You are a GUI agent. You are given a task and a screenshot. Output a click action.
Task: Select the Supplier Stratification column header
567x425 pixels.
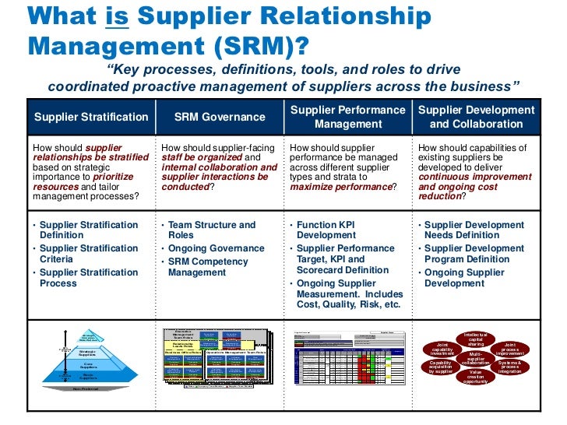coord(91,118)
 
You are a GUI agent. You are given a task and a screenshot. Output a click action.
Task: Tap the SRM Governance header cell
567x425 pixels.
coord(220,118)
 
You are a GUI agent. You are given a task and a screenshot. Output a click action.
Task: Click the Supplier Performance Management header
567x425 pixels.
coord(348,118)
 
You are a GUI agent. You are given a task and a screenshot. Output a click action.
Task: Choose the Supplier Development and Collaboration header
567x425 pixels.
coord(476,118)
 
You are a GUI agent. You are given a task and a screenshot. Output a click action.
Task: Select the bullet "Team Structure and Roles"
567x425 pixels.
coord(211,230)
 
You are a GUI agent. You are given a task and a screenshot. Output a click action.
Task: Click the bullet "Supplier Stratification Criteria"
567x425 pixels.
coord(88,254)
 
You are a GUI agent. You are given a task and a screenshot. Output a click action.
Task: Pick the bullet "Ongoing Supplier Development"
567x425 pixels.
coord(464,278)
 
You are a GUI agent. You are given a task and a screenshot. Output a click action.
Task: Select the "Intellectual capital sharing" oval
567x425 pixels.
coord(475,340)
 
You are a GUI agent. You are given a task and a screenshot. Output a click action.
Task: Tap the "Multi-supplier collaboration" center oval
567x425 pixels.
coord(475,360)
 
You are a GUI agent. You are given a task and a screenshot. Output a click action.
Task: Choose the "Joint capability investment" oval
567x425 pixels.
coord(442,349)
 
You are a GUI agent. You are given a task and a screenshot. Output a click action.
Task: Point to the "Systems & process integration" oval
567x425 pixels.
coord(510,366)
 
